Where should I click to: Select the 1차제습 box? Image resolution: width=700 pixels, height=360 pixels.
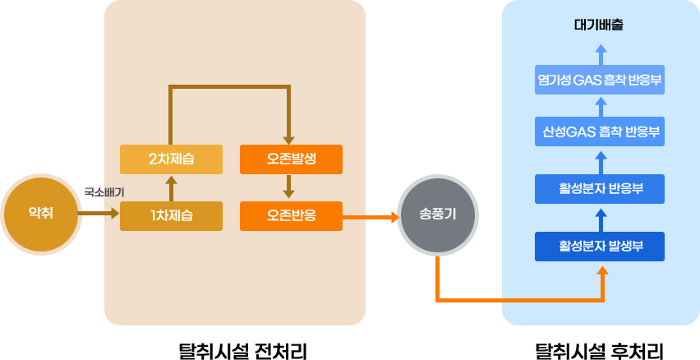coord(171,217)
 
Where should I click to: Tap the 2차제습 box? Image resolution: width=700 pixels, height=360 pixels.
coord(171,159)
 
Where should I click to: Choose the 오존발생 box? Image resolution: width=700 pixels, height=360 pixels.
coord(291,159)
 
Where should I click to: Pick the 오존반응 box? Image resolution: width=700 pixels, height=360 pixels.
coord(291,217)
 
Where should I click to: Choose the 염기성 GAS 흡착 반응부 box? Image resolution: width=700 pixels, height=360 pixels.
coord(599,81)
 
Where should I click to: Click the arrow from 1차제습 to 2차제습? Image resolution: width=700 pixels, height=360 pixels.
coord(171,188)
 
